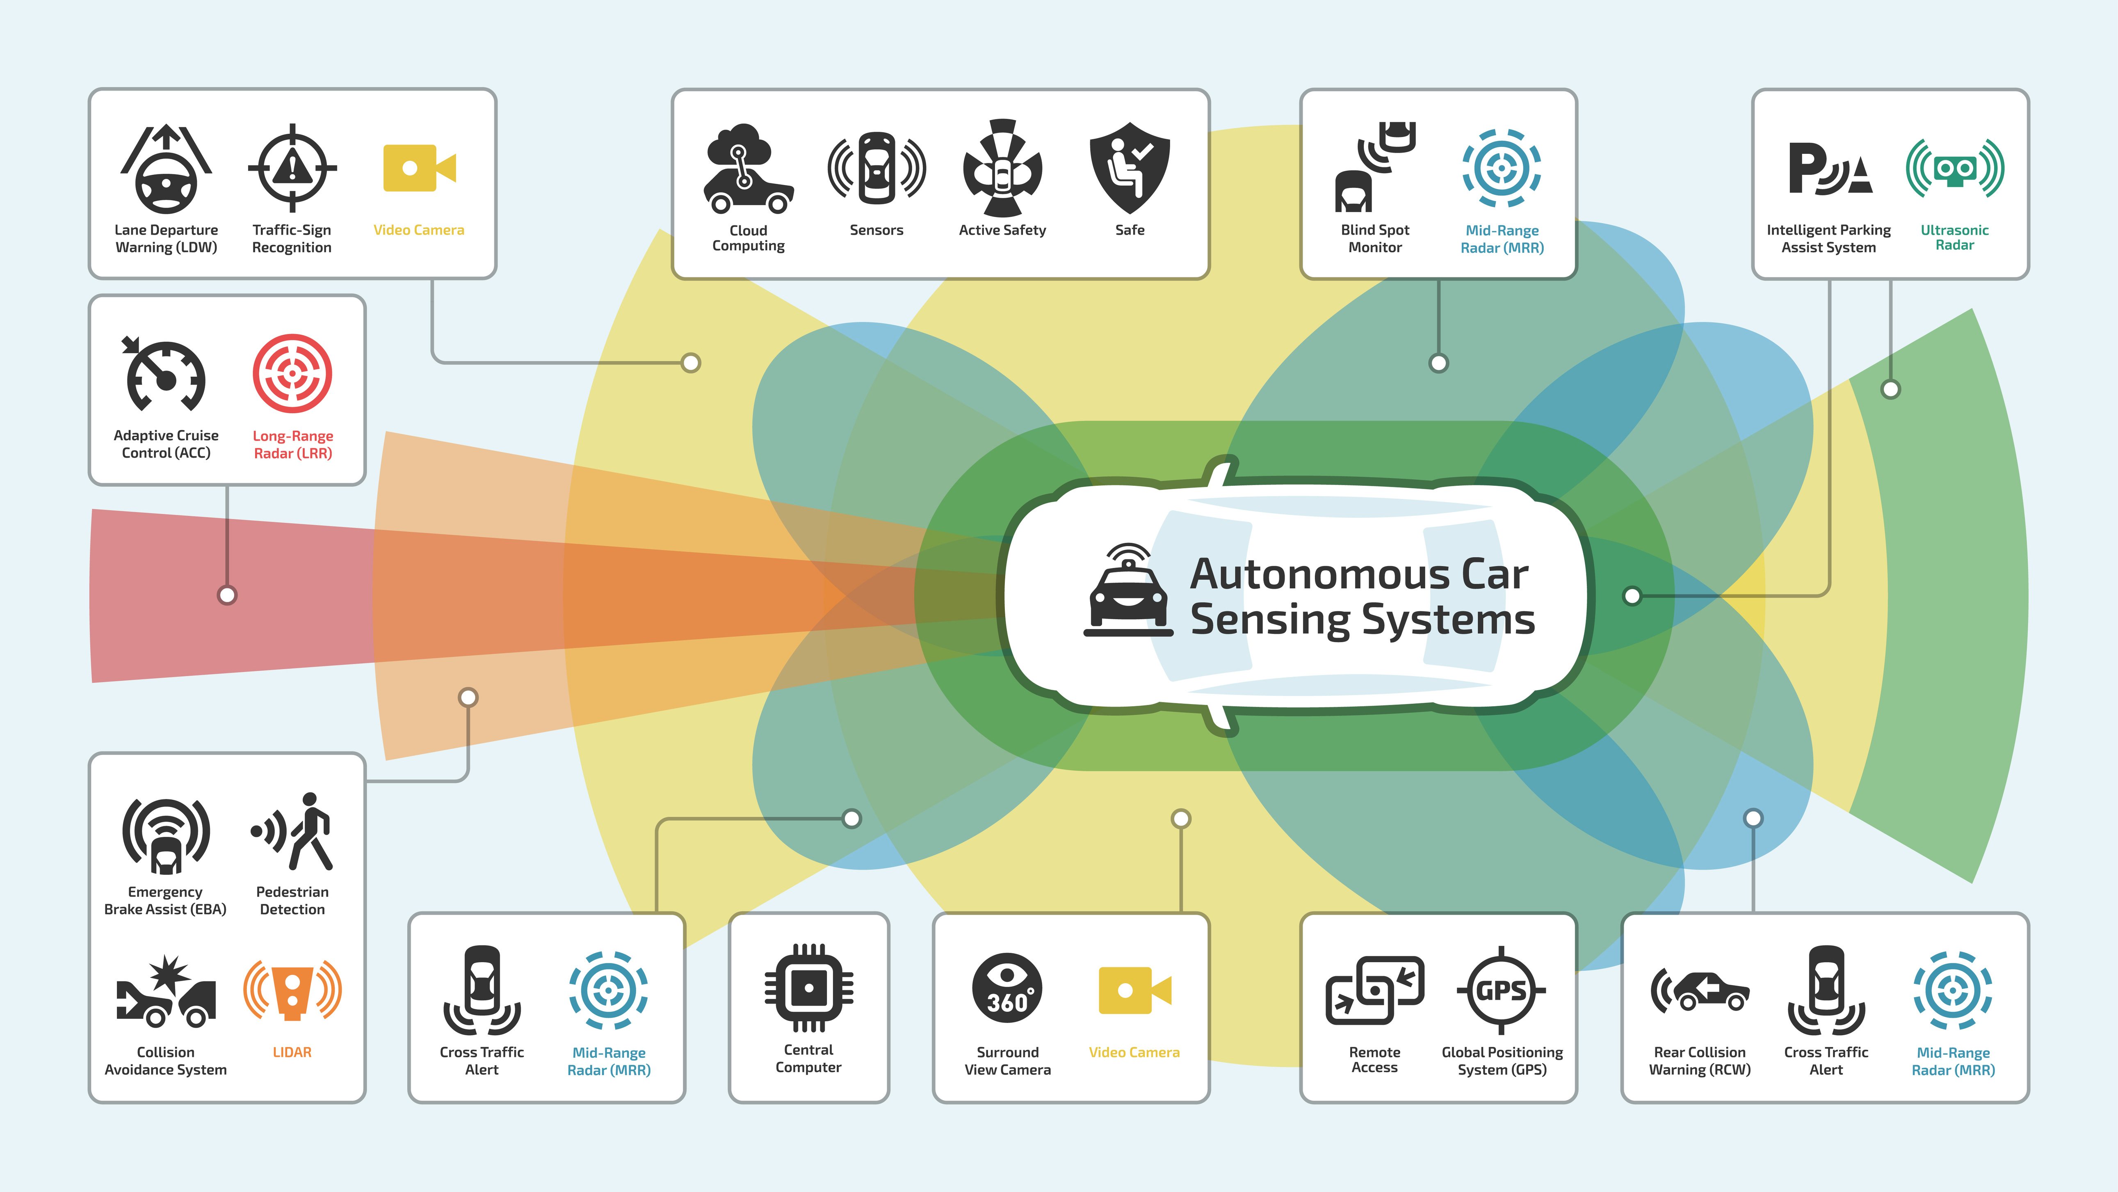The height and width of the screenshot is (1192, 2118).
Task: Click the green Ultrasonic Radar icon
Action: tap(1954, 169)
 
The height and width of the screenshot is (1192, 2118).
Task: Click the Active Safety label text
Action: tap(1002, 230)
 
